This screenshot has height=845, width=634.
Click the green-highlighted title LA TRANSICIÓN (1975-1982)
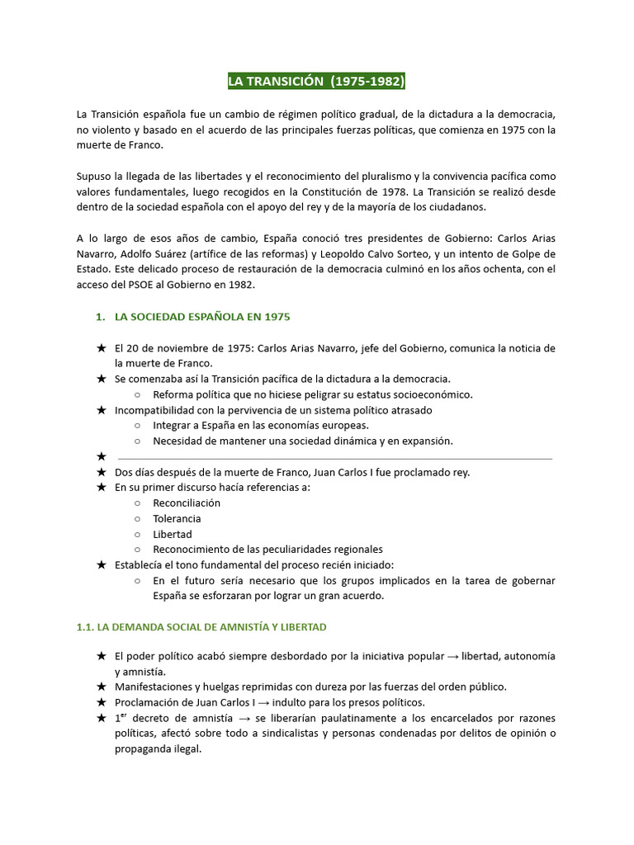pos(317,82)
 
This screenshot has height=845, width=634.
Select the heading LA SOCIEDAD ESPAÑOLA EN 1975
pos(202,317)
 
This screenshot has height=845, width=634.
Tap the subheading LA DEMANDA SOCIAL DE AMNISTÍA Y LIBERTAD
pos(201,627)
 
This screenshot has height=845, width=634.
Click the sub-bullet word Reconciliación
pos(187,503)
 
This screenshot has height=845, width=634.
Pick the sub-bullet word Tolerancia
pos(177,519)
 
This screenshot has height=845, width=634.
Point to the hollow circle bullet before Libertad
pos(137,535)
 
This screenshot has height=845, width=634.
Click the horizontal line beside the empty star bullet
pos(335,458)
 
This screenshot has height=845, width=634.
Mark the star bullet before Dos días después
pos(102,473)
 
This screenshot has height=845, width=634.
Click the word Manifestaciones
pos(157,687)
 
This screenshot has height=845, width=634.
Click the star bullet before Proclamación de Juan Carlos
pos(102,703)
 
